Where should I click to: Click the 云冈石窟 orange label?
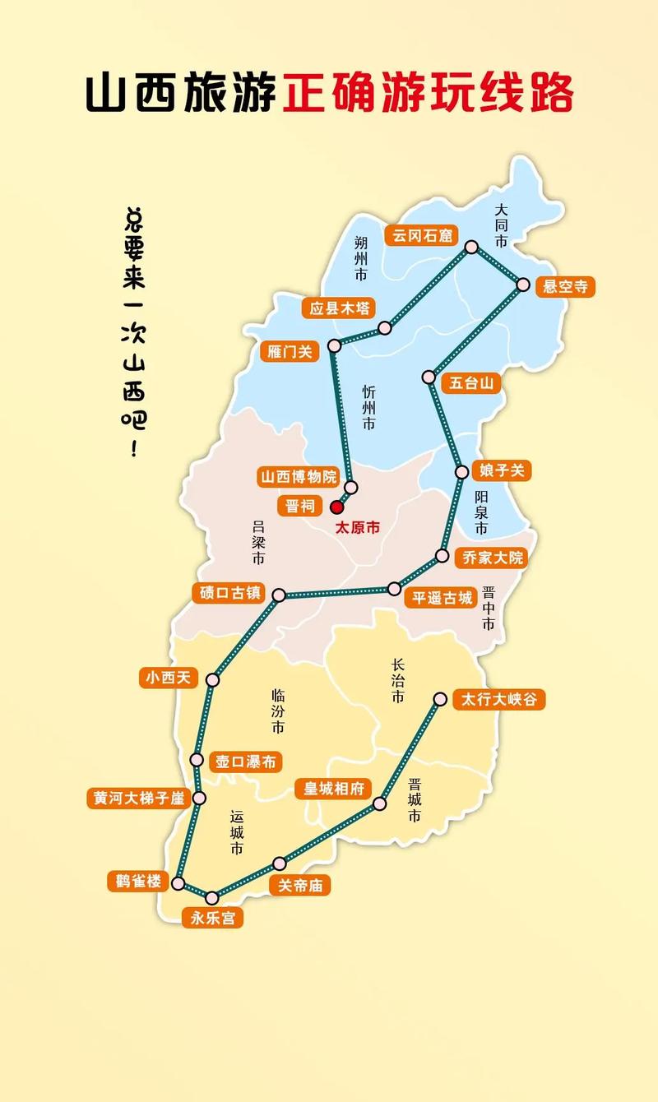422,235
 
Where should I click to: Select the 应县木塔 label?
336,308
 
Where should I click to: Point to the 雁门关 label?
290,351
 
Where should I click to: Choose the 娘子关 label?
501,470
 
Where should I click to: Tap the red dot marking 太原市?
336,507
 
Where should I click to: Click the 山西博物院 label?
299,477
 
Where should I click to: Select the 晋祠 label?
299,506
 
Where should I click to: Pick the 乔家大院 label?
492,558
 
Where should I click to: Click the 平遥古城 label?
443,598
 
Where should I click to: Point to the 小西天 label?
169,678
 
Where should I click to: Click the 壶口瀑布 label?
245,762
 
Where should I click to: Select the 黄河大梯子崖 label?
138,798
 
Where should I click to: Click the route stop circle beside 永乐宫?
212,897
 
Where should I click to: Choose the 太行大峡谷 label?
498,699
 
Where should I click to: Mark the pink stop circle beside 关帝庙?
280,864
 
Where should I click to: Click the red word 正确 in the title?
332,92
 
